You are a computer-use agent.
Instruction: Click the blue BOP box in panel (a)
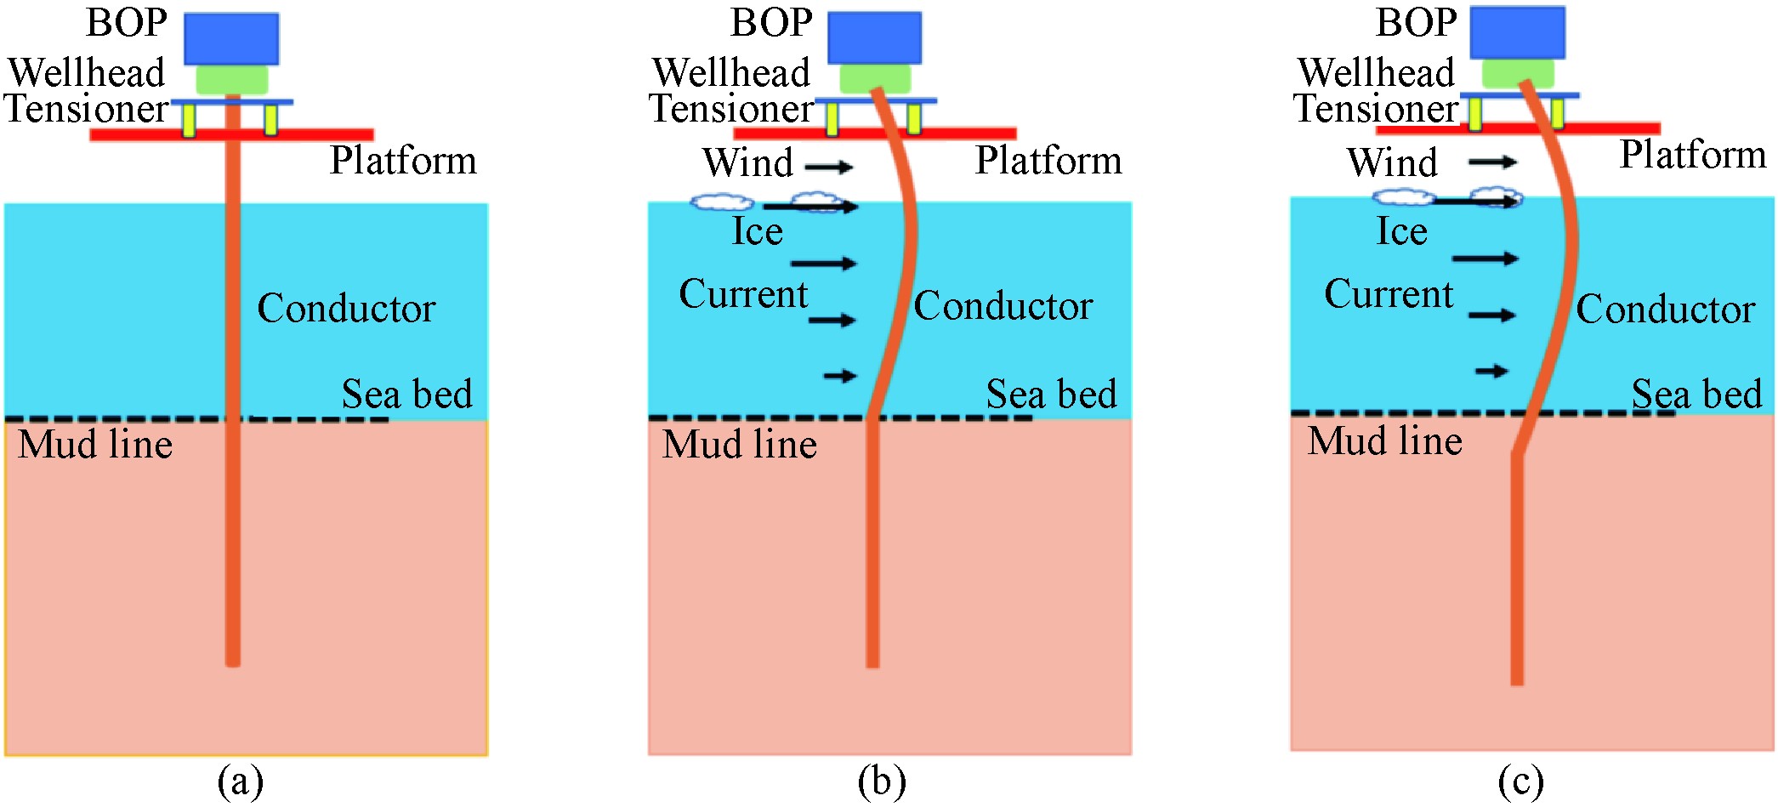pyautogui.click(x=231, y=39)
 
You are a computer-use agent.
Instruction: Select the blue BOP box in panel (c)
pyautogui.click(x=1517, y=33)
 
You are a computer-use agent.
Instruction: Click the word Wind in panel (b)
pyautogui.click(x=747, y=162)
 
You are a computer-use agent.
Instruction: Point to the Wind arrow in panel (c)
pyautogui.click(x=1492, y=162)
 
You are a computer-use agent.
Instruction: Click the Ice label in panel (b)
pyautogui.click(x=757, y=231)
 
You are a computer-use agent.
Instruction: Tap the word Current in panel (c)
pyautogui.click(x=1388, y=294)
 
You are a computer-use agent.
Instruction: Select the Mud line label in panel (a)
pyautogui.click(x=95, y=445)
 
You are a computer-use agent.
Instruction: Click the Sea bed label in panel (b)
pyautogui.click(x=1051, y=394)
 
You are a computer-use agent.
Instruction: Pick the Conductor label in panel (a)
pyautogui.click(x=346, y=308)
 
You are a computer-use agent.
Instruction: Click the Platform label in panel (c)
pyautogui.click(x=1692, y=155)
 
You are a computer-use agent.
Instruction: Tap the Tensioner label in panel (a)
pyautogui.click(x=87, y=109)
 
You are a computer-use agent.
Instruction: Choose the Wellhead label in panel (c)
pyautogui.click(x=1376, y=72)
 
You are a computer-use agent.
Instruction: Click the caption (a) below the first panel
pyautogui.click(x=241, y=781)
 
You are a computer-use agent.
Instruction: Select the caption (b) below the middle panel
pyautogui.click(x=882, y=781)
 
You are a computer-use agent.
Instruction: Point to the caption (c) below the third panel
pyautogui.click(x=1520, y=781)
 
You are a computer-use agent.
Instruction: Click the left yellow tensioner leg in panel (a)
pyautogui.click(x=189, y=121)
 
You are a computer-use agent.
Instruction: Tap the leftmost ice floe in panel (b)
pyautogui.click(x=721, y=202)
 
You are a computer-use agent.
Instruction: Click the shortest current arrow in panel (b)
pyautogui.click(x=840, y=376)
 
